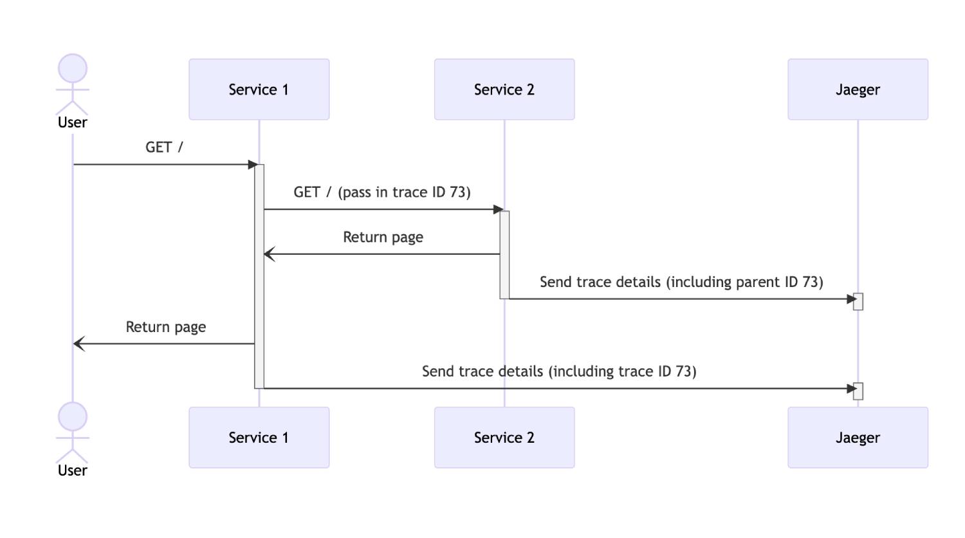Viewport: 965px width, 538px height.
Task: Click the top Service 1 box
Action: pyautogui.click(x=259, y=89)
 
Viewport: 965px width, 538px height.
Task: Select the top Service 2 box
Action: pyautogui.click(x=504, y=89)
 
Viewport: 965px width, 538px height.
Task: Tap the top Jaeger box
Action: pyautogui.click(x=858, y=89)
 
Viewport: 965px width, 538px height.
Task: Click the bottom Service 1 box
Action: pyautogui.click(x=259, y=438)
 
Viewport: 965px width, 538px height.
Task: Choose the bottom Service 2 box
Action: pyautogui.click(x=504, y=438)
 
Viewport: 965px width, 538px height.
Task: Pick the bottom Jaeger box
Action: pyautogui.click(x=858, y=438)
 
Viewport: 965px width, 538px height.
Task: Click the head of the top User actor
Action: pyautogui.click(x=73, y=68)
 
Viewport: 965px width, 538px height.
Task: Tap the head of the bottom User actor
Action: pyautogui.click(x=73, y=416)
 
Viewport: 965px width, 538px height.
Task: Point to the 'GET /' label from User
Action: pyautogui.click(x=164, y=147)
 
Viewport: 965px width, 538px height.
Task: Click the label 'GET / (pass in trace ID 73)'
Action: pyautogui.click(x=382, y=192)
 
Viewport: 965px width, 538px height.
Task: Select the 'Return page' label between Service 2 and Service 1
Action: pyautogui.click(x=383, y=237)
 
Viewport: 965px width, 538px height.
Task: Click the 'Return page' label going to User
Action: pyautogui.click(x=165, y=327)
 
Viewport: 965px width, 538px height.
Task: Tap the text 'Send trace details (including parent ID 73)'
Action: pyautogui.click(x=681, y=282)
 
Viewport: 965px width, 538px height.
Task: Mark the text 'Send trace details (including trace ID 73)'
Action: pyautogui.click(x=559, y=371)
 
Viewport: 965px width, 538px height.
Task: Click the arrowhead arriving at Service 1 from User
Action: pyautogui.click(x=253, y=165)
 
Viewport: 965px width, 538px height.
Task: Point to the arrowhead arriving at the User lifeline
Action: pyautogui.click(x=78, y=344)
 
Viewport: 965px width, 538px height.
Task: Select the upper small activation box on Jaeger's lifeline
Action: pyautogui.click(x=858, y=301)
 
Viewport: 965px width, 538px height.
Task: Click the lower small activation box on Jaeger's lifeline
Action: pyautogui.click(x=858, y=391)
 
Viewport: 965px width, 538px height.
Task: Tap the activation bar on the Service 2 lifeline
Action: pyautogui.click(x=504, y=255)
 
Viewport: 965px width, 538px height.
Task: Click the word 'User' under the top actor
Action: pyautogui.click(x=73, y=122)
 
